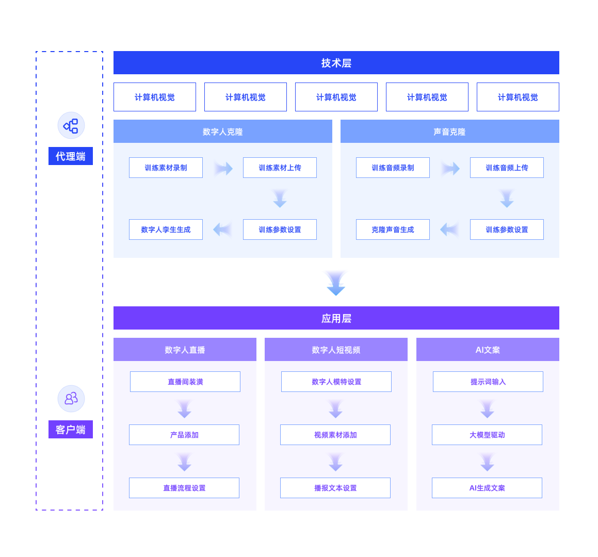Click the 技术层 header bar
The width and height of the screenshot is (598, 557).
(x=336, y=62)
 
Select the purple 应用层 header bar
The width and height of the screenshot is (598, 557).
(x=336, y=318)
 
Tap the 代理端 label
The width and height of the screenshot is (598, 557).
(x=71, y=156)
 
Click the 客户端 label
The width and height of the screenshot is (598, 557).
(x=71, y=429)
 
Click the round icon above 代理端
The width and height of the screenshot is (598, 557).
(x=71, y=125)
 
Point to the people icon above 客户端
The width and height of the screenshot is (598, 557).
(x=71, y=399)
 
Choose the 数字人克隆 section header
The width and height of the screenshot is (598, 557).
(x=223, y=132)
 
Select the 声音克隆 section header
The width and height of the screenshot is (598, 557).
(x=449, y=132)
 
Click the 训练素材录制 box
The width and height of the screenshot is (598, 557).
(x=166, y=168)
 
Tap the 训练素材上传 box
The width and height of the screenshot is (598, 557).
(x=280, y=168)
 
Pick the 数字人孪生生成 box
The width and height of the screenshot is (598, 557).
(x=166, y=230)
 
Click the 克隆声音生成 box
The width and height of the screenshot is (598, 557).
(x=393, y=230)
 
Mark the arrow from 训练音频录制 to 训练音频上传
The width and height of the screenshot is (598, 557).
(x=450, y=168)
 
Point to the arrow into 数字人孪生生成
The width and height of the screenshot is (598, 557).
(x=223, y=230)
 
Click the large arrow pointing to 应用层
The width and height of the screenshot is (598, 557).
(x=336, y=283)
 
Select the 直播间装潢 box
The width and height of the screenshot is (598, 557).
(x=185, y=382)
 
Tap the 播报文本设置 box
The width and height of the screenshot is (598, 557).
(x=335, y=488)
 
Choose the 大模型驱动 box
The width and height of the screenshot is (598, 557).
(x=487, y=435)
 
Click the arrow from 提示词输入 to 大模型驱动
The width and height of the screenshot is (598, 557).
(x=487, y=408)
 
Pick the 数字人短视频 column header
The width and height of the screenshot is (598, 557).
(x=336, y=350)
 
